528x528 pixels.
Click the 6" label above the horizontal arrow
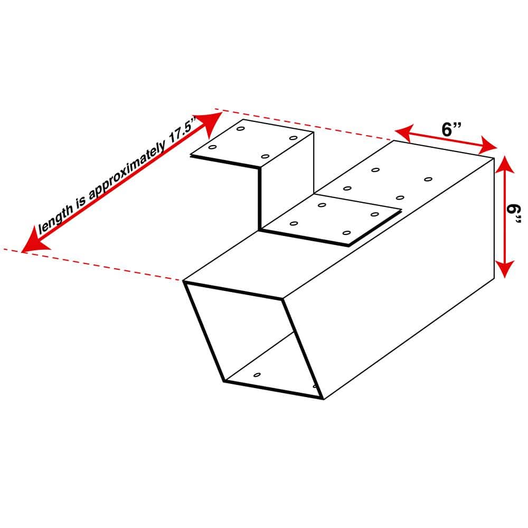[452, 129]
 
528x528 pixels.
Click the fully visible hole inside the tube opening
[257, 375]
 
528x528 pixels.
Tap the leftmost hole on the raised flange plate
[212, 147]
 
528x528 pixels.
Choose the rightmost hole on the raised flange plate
[293, 138]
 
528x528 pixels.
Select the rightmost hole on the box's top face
[428, 180]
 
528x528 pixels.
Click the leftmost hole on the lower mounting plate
[294, 223]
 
